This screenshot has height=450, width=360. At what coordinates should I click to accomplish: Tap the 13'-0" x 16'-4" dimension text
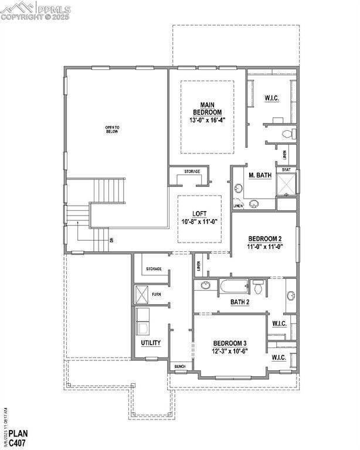coord(207,120)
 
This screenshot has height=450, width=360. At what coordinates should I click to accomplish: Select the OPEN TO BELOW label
coord(111,129)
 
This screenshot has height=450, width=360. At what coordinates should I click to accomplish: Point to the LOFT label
coord(199,214)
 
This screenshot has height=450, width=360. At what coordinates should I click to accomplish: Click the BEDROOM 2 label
coord(265,238)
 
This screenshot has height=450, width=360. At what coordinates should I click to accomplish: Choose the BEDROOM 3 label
coord(229,343)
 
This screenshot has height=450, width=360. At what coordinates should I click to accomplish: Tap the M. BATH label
coord(260,175)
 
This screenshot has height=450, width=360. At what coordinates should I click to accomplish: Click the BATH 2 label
coord(240,302)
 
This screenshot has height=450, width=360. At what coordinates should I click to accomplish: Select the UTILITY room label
coord(151,343)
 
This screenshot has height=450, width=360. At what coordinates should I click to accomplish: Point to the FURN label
coord(157,294)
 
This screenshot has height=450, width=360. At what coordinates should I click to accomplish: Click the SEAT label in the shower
coord(286,170)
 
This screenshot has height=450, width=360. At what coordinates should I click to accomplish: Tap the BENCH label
coord(180,367)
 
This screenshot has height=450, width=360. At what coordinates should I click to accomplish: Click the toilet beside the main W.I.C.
coord(287,134)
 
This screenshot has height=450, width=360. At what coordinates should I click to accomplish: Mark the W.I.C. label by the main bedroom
coord(271,98)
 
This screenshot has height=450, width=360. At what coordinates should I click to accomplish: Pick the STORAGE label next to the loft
coord(192,172)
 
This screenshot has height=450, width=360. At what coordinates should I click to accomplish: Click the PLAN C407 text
coord(18,438)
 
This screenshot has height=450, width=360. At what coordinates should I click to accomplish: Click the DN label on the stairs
coord(110,239)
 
